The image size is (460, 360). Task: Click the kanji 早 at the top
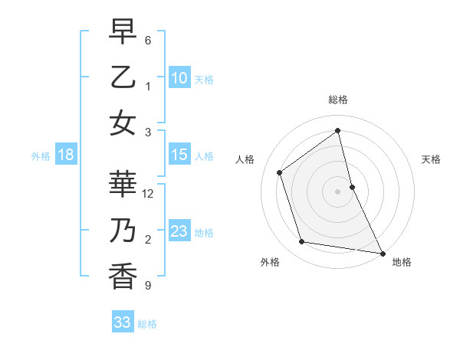pyautogui.click(x=123, y=34)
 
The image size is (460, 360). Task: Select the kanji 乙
pyautogui.click(x=123, y=77)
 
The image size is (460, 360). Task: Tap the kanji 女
pyautogui.click(x=123, y=122)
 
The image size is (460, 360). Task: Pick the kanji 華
pyautogui.click(x=123, y=185)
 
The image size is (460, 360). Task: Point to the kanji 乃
pyautogui.click(x=123, y=231)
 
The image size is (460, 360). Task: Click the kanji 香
pyautogui.click(x=123, y=275)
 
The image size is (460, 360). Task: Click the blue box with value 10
pyautogui.click(x=179, y=77)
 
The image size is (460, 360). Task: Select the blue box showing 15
pyautogui.click(x=179, y=155)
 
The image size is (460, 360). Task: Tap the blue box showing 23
pyautogui.click(x=179, y=231)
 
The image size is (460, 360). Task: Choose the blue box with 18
pyautogui.click(x=65, y=155)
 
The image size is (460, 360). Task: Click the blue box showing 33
pyautogui.click(x=122, y=322)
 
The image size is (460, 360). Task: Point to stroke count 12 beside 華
pyautogui.click(x=149, y=194)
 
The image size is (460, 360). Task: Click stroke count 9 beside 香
pyautogui.click(x=148, y=286)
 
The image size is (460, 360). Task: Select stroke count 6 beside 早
pyautogui.click(x=148, y=40)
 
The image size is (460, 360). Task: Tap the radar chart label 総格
pyautogui.click(x=338, y=100)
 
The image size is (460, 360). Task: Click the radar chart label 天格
pyautogui.click(x=431, y=159)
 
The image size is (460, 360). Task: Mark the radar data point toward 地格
pyautogui.click(x=381, y=252)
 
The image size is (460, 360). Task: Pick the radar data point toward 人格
pyautogui.click(x=280, y=172)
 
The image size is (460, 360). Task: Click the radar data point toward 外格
pyautogui.click(x=302, y=242)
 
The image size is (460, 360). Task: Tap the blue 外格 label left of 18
pyautogui.click(x=41, y=156)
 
